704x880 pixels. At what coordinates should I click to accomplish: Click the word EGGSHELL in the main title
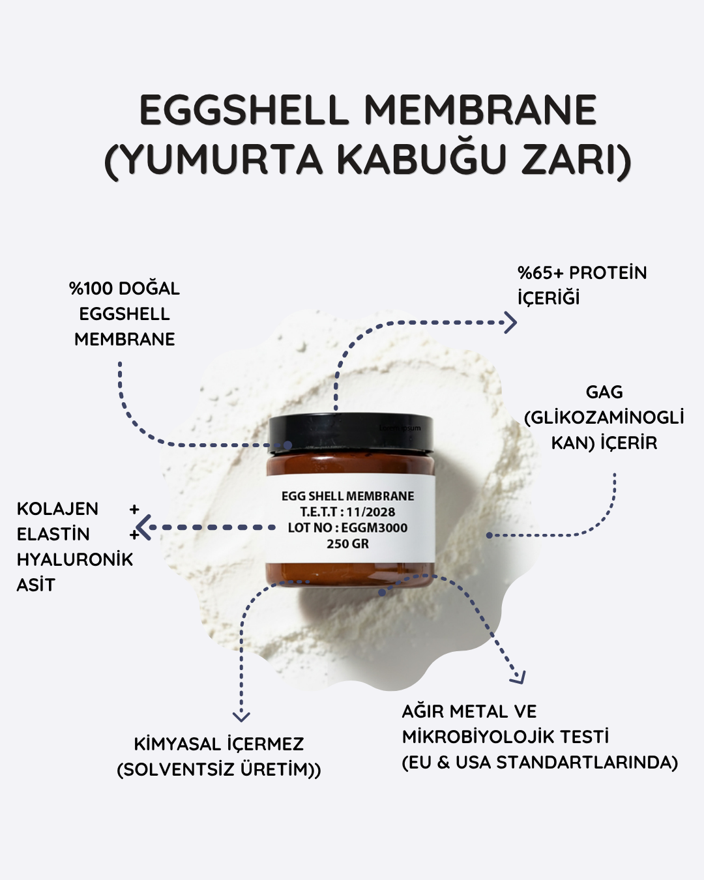coord(244,110)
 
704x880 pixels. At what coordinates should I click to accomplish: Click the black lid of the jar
coord(351,433)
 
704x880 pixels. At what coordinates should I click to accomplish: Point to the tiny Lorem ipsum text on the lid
coord(400,428)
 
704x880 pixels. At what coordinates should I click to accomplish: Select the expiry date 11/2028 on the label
coord(371,512)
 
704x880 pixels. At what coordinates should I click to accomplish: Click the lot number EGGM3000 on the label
coord(374,528)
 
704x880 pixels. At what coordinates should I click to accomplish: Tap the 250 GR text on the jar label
coord(347,544)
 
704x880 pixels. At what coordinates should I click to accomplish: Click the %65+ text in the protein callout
coord(540,273)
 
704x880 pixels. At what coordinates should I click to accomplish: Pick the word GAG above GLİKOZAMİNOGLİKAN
coord(604,392)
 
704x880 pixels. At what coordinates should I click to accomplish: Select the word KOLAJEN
coord(57,509)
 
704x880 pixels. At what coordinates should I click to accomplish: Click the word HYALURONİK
coord(75,559)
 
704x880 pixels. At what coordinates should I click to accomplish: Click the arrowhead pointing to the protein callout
coord(510,323)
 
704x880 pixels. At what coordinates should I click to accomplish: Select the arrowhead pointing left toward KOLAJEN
coord(143,527)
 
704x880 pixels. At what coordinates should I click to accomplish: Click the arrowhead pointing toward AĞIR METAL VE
coord(518,677)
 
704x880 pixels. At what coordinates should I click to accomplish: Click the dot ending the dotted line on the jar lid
coord(287,445)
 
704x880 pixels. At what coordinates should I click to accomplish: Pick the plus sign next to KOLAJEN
coord(134,510)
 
